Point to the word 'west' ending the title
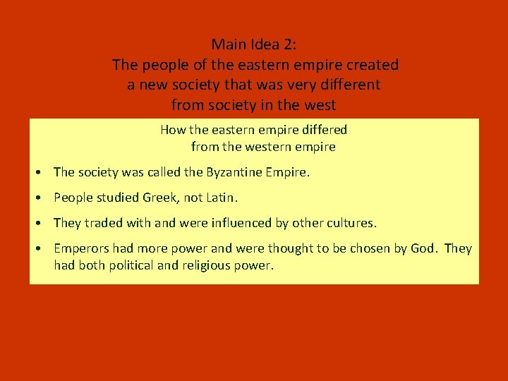coord(321,105)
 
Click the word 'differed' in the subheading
coord(325,130)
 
